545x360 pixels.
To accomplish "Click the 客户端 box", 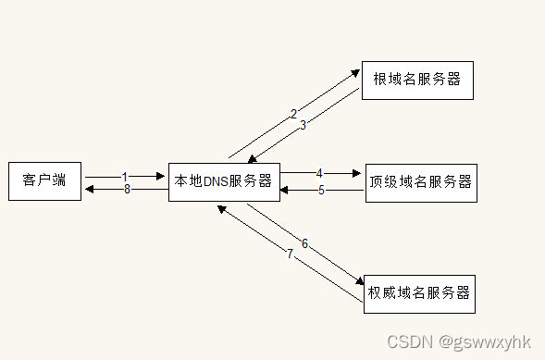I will point(44,180).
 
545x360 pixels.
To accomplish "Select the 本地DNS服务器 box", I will point(224,181).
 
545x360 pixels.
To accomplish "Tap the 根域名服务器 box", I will point(417,80).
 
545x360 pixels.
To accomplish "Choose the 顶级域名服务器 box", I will point(420,181).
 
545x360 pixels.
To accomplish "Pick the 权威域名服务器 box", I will point(419,293).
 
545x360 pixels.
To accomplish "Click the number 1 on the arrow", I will point(124,176).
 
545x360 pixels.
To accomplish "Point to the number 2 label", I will point(293,115).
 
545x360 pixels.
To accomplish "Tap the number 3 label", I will point(303,127).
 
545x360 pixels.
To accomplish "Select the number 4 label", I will point(319,173).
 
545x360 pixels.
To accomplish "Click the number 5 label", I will point(322,191).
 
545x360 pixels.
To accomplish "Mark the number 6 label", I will point(304,244).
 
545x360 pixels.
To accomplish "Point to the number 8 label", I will point(127,189).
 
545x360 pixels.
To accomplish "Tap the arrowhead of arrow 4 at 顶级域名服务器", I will point(356,173).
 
